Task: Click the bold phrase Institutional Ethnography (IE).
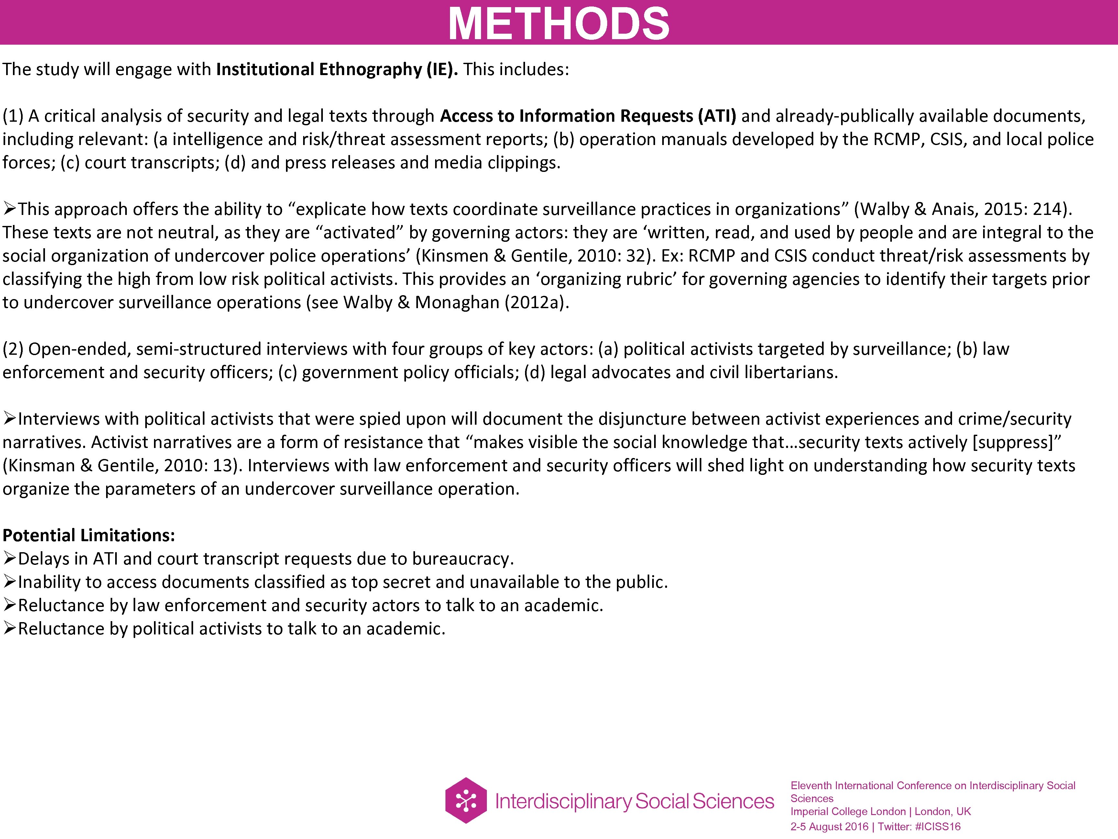337,69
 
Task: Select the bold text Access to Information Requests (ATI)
588,116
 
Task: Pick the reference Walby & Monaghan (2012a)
456,302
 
